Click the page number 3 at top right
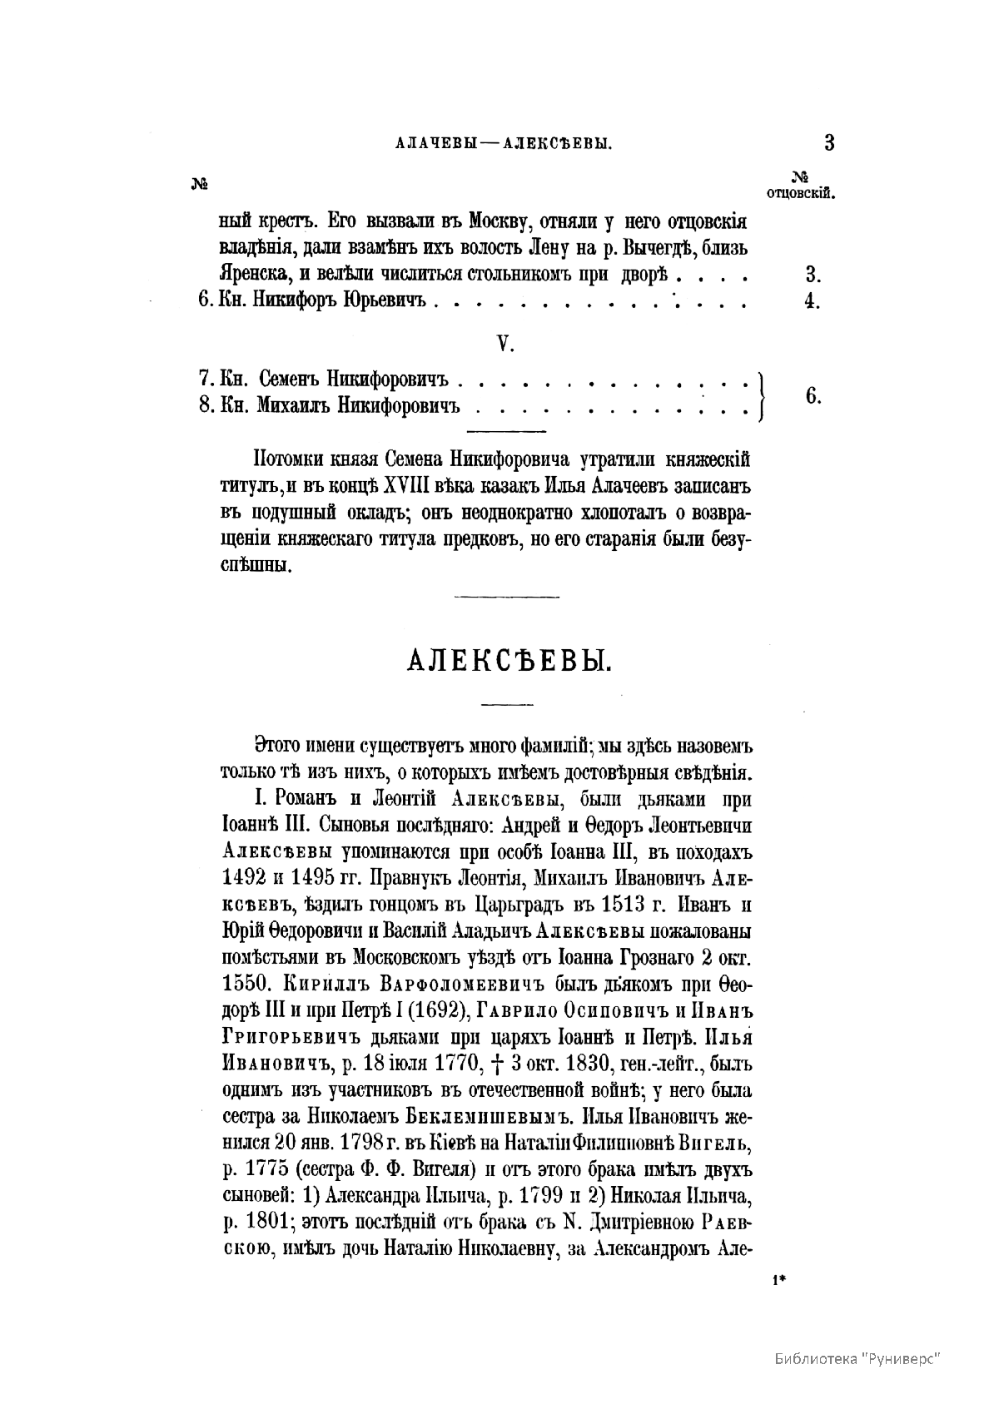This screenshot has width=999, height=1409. pyautogui.click(x=828, y=142)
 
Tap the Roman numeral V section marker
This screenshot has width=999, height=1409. pyautogui.click(x=503, y=343)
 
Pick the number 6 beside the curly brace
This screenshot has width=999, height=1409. pyautogui.click(x=813, y=396)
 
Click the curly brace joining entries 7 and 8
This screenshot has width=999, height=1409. pyautogui.click(x=763, y=394)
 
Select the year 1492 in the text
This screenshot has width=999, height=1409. pyautogui.click(x=245, y=877)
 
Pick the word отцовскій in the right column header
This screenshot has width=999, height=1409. pyautogui.click(x=800, y=194)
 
